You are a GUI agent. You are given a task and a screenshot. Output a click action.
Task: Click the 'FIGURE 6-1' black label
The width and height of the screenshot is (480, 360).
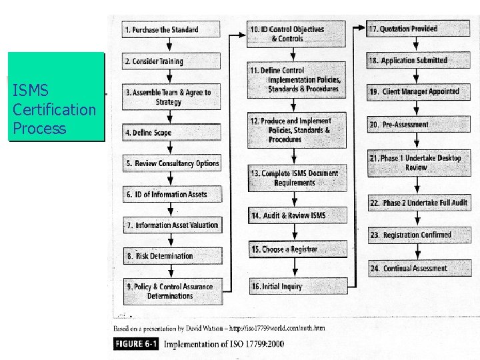click(x=136, y=344)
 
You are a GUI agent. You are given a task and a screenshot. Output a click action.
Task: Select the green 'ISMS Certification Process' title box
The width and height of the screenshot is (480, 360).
click(x=56, y=97)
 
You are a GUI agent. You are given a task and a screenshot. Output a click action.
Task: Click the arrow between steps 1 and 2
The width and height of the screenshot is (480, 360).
click(x=170, y=45)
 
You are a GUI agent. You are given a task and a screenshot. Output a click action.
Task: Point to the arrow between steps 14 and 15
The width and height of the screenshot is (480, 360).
click(x=296, y=231)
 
